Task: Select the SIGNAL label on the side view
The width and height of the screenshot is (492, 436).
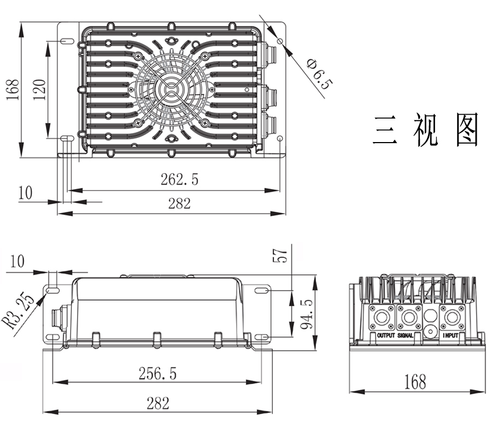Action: (x=406, y=335)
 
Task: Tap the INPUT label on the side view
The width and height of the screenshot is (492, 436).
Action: (x=450, y=335)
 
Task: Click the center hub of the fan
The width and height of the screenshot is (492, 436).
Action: (x=171, y=88)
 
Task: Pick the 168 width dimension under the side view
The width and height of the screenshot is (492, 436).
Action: (x=415, y=381)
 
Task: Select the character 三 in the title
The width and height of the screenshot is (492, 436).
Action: (x=385, y=129)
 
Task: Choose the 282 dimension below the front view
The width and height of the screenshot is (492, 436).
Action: (x=157, y=403)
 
